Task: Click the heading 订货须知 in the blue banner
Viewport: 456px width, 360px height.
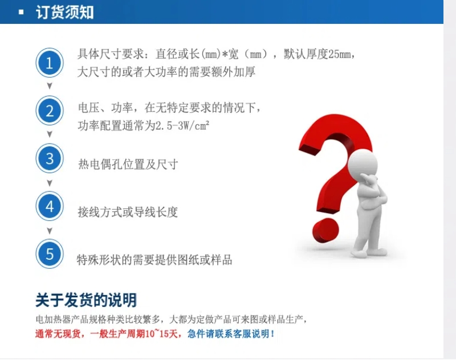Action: tap(64, 13)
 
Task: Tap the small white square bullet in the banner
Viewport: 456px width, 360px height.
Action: tap(21, 12)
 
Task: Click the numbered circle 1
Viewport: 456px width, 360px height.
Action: tap(50, 63)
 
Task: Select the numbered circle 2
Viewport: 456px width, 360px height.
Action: tap(50, 111)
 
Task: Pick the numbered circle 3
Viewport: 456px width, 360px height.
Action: tap(50, 158)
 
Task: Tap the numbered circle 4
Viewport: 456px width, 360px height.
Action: tap(50, 206)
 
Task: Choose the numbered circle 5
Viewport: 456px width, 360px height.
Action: tap(50, 254)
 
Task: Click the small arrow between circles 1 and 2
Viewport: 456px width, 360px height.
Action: tap(50, 86)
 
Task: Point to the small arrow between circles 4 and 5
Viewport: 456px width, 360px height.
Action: tap(50, 231)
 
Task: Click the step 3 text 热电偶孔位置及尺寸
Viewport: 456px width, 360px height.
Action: tap(128, 165)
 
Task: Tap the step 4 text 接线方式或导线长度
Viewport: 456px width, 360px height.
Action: tap(128, 212)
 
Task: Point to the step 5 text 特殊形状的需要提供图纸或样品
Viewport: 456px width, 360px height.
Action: tap(154, 260)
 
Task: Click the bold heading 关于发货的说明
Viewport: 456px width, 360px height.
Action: tap(86, 300)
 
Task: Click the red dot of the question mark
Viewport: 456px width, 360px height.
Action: tap(325, 231)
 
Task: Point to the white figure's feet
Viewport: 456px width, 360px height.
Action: tap(369, 253)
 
